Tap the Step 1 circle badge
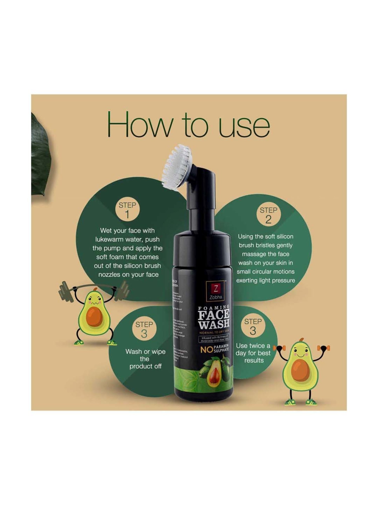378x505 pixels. [128, 210]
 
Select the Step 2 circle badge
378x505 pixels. [268, 215]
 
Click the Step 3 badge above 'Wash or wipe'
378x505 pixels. [144, 330]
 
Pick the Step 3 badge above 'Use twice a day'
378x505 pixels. [253, 326]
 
